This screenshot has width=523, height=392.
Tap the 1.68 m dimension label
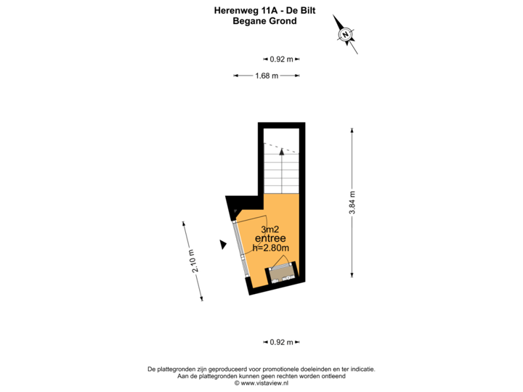click(267, 75)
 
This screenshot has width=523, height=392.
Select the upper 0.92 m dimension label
click(281, 60)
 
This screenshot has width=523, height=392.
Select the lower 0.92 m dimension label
click(281, 342)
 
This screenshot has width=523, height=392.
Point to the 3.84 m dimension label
click(352, 203)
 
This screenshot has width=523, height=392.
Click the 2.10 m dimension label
click(193, 261)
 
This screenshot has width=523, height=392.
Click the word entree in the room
click(270, 239)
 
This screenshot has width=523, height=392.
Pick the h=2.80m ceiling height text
click(270, 248)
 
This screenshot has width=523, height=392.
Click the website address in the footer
click(261, 383)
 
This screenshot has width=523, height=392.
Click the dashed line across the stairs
click(280, 147)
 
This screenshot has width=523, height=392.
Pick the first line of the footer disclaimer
click(261, 369)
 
